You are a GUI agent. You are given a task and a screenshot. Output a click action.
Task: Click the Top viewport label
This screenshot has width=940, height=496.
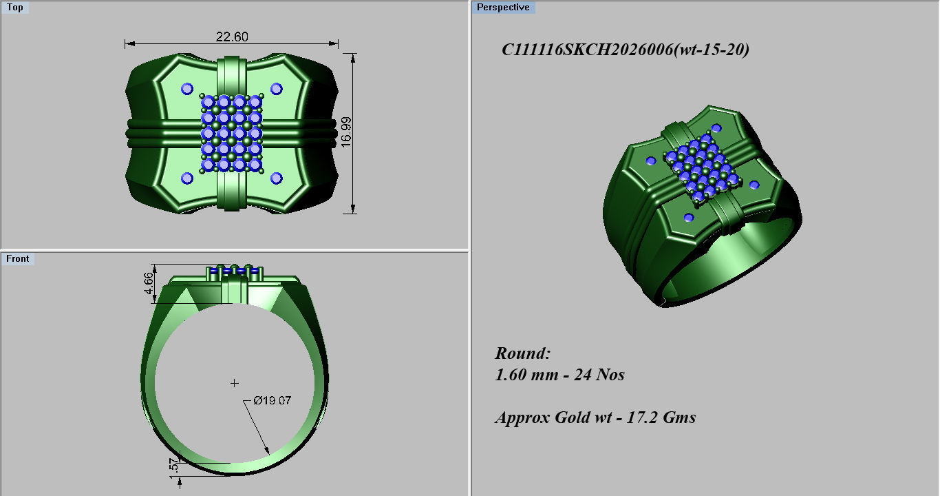coord(14,8)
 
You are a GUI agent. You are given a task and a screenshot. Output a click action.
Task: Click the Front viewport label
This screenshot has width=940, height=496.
coord(18,258)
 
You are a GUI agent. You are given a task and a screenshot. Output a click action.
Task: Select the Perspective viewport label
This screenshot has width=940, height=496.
coord(503,8)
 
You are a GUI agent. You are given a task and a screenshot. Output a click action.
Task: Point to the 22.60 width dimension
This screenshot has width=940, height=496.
coord(231,37)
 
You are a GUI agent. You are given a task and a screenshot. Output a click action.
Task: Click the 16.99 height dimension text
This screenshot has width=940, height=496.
coord(346,130)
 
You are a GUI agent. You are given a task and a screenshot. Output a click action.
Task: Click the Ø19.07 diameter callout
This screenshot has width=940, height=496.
coord(272,400)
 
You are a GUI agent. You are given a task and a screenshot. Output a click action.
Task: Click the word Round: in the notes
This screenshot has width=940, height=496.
coord(523,353)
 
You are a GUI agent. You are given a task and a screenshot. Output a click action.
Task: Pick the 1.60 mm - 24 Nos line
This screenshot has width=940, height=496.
coord(559,375)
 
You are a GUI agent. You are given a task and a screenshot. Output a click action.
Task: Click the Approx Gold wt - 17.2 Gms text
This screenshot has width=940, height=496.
coord(595,417)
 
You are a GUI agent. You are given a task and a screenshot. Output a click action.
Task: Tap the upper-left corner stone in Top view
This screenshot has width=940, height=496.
coord(186,88)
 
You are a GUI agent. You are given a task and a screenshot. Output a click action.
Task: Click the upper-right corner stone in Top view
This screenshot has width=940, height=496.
coord(277,88)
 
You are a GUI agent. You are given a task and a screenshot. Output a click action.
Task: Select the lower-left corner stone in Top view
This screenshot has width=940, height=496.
coord(186,178)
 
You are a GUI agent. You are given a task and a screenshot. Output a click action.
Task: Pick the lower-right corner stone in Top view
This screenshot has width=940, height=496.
coord(277,178)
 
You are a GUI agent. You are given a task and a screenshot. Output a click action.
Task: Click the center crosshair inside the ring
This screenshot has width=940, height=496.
coord(235,383)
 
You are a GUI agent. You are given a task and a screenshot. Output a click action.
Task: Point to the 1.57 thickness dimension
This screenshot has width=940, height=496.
coord(173,466)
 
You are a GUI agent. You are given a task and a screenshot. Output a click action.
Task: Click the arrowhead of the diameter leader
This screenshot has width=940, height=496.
coord(268,451)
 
